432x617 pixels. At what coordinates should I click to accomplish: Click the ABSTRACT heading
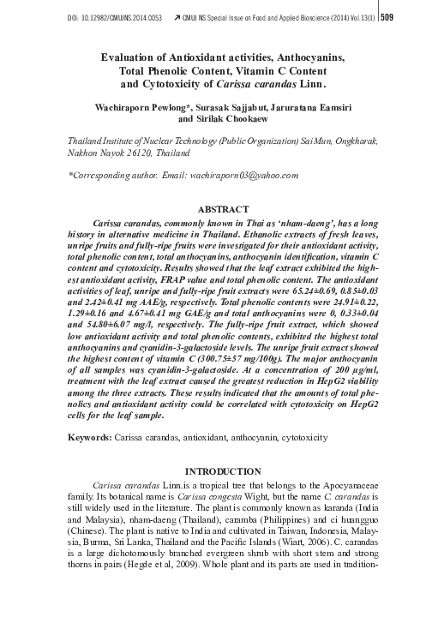point(223,208)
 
